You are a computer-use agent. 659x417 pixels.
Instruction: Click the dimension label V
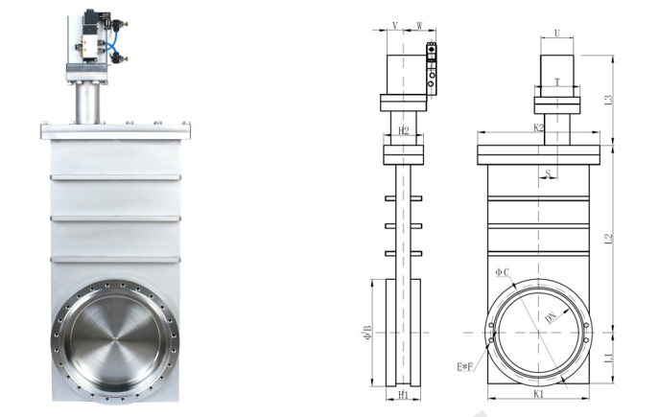point(394,26)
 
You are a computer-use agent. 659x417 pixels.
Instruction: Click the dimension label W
point(419,26)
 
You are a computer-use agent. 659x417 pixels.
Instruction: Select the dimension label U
point(557,34)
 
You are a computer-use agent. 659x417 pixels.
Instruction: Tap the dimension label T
point(557,81)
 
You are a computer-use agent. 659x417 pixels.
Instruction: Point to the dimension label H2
point(404,130)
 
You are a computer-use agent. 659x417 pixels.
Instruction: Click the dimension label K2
point(538,127)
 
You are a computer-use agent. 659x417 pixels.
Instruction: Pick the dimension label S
point(548,173)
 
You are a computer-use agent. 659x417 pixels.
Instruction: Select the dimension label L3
point(608,100)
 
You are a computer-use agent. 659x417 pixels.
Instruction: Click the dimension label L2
point(608,239)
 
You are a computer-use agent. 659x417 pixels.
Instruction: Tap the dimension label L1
point(608,358)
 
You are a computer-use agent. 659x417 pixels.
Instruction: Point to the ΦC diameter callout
point(503,272)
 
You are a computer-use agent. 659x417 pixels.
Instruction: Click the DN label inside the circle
point(551,317)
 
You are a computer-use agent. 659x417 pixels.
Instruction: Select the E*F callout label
point(465,367)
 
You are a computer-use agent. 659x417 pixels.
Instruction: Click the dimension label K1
point(538,394)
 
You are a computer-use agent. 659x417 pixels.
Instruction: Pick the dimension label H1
point(404,395)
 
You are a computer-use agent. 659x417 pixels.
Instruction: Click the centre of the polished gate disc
point(115,338)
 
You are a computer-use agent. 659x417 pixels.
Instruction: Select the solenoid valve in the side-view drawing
point(431,68)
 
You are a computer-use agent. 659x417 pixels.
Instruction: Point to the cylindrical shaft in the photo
point(88,104)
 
